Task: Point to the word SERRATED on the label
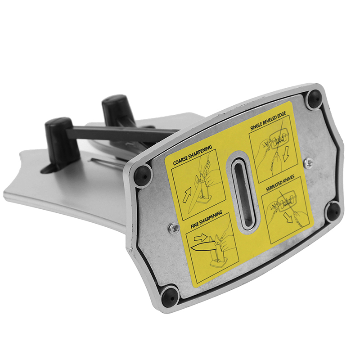point(274,186)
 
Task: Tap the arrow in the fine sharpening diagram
point(201,238)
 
